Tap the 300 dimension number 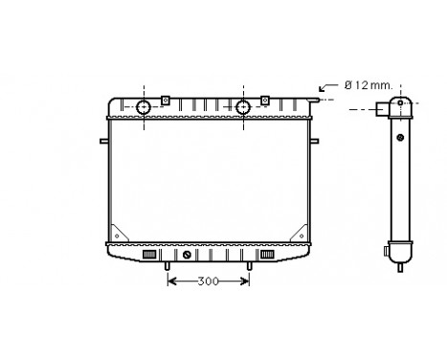(208, 282)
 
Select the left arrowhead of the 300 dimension (172, 281)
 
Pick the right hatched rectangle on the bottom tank (269, 255)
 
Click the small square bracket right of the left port (166, 100)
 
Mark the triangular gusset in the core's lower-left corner (119, 233)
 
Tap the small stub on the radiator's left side (102, 142)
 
